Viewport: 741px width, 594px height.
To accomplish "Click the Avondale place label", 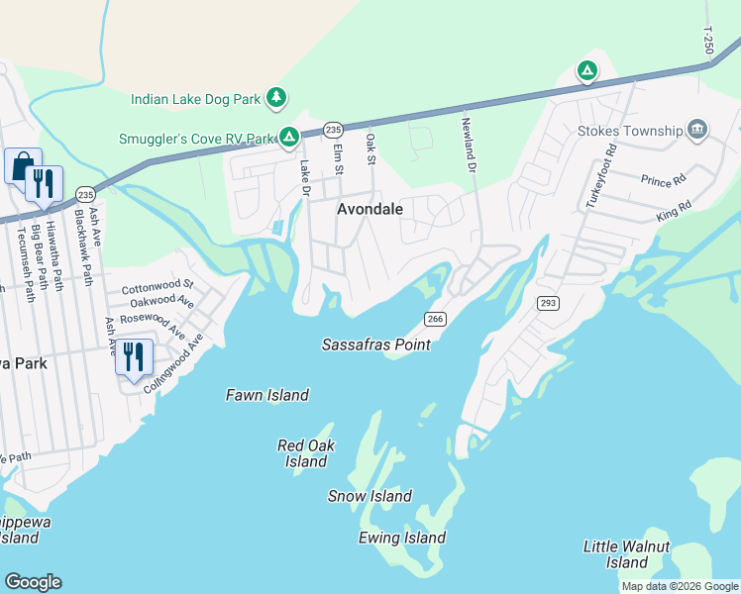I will pos(370,209).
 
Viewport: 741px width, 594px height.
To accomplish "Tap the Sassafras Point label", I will pos(375,345).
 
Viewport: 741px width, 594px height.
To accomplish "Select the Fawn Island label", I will pos(267,395).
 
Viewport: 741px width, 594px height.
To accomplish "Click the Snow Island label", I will pos(370,496).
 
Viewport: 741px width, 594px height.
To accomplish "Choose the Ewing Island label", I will pos(401,538).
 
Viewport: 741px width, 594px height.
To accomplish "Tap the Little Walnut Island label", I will pos(626,554).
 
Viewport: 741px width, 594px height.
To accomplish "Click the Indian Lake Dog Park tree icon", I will pos(279,97).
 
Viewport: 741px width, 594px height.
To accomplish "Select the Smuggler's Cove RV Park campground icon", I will pos(288,137).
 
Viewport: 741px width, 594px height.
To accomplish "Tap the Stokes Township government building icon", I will pos(698,130).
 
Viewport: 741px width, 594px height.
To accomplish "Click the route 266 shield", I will pos(434,318).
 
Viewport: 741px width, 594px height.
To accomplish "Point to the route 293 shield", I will pos(547,301).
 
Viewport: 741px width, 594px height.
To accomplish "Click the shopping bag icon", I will pos(22,165).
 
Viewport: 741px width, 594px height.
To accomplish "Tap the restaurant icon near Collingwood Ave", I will pos(134,356).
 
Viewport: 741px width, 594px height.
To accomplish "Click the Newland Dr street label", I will pos(466,143).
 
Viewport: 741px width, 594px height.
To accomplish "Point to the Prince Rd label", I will pos(663,181).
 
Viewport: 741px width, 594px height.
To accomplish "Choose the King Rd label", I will pos(671,214).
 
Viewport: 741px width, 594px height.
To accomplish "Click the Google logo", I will pos(33,582).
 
